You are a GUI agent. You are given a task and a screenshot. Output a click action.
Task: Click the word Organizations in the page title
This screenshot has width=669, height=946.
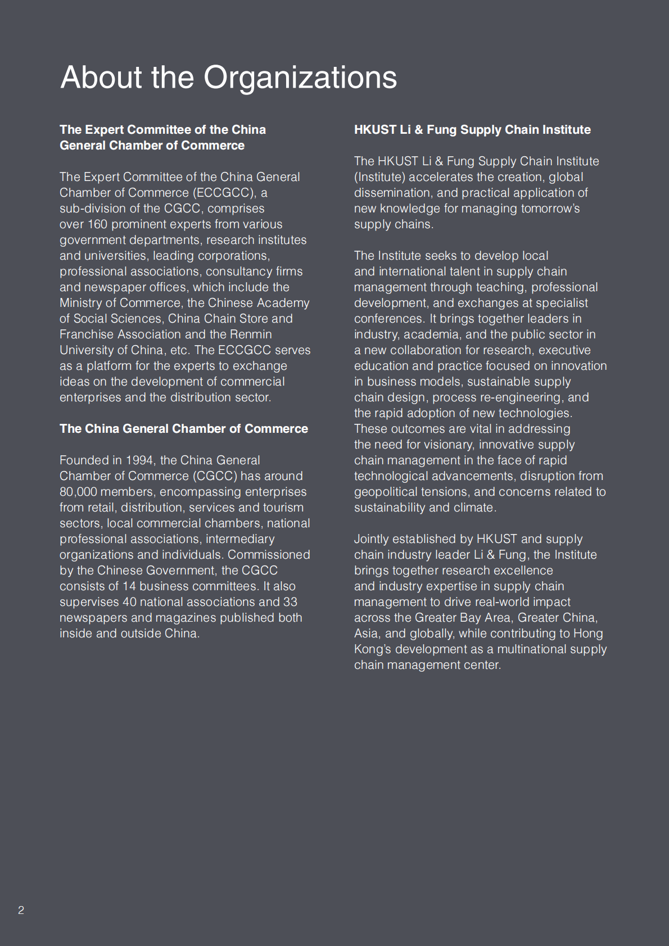tap(300, 77)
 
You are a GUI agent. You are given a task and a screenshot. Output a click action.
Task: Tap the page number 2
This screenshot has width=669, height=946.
tap(21, 910)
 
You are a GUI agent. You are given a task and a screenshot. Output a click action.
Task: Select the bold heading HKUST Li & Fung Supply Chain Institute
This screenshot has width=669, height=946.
tap(472, 130)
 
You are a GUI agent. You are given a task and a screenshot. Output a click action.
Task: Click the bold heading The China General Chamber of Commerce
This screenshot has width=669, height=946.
tap(184, 429)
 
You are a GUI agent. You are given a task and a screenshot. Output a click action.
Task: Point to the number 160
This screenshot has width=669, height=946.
tap(97, 224)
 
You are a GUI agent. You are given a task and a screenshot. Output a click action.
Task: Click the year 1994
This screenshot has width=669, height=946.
tap(139, 460)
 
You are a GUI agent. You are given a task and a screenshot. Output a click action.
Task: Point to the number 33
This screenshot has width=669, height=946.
tap(290, 602)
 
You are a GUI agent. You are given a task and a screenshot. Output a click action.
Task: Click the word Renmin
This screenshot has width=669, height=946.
tap(251, 334)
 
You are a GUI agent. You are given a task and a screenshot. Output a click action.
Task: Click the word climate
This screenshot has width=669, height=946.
tap(476, 508)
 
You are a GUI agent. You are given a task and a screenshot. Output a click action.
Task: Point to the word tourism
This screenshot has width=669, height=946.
tap(283, 508)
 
